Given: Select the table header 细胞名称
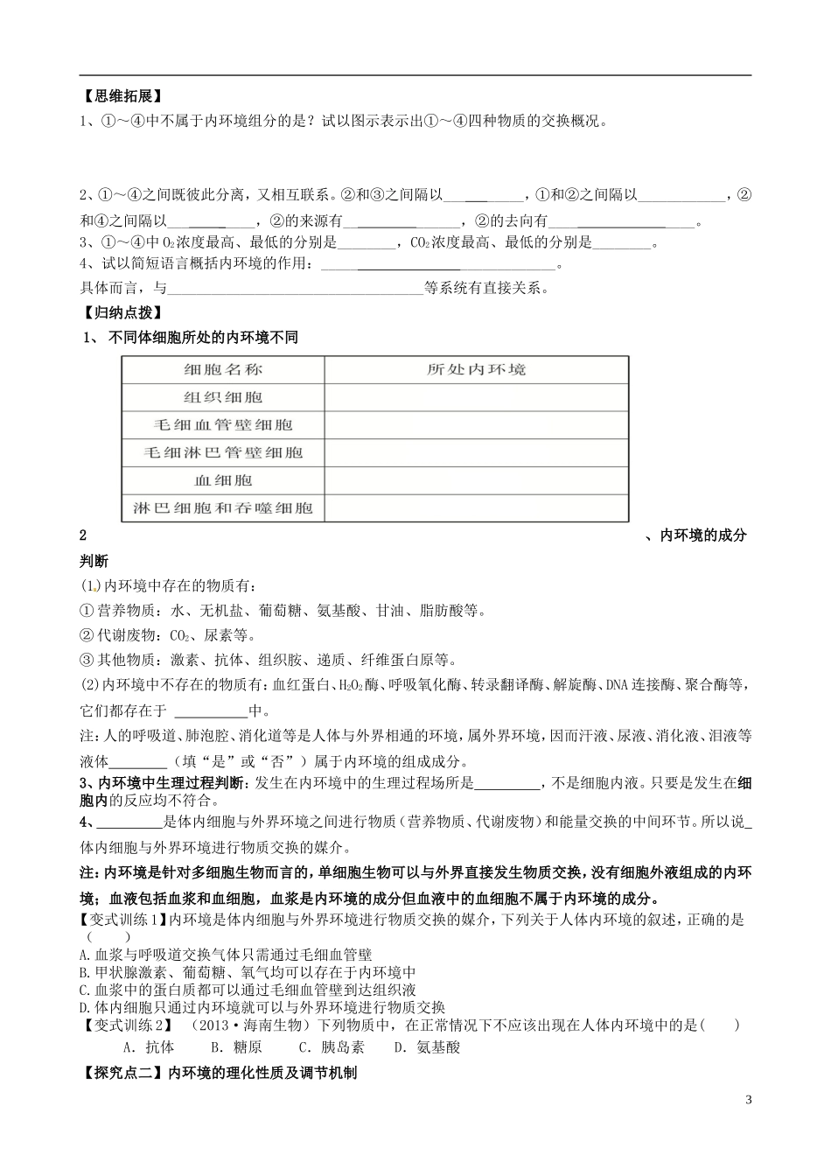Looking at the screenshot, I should tap(223, 369).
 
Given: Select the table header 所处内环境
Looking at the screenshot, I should tap(476, 369).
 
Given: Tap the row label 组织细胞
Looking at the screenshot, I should tap(223, 397).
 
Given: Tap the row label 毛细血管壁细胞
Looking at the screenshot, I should tap(223, 425).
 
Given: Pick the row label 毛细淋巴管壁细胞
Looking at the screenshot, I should tap(223, 452).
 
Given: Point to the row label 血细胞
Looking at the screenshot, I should tap(223, 480).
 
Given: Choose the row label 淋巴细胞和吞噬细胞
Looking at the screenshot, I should tap(223, 508).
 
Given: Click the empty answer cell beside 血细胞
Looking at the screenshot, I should tap(476, 480).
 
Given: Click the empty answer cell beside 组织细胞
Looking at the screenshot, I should tap(476, 397).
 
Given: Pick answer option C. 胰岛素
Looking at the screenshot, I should tap(332, 1047).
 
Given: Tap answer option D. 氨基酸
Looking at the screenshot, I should tap(427, 1047).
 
